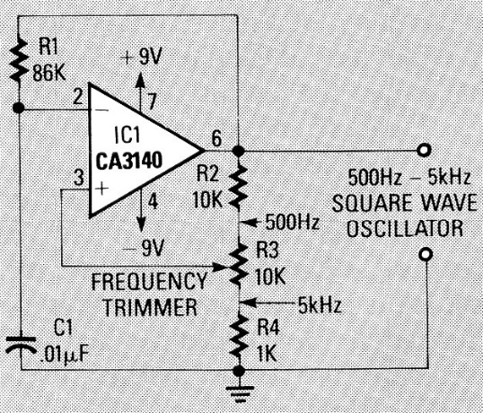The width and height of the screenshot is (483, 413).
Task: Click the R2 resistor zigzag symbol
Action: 238,186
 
